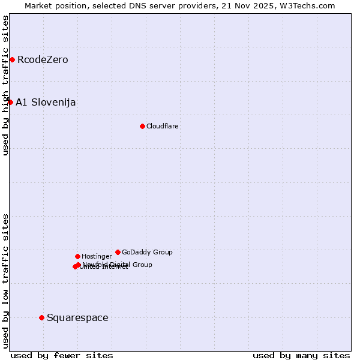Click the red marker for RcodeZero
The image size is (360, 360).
pos(12,59)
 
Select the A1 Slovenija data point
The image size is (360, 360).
pos(10,102)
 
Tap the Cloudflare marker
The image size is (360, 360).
pos(142,126)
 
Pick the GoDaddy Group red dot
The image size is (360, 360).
pos(118,252)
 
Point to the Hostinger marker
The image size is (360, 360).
pos(77,256)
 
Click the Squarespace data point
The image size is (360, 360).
pos(41,317)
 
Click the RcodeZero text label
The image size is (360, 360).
pos(43,59)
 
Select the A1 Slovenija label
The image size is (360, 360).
pos(46,102)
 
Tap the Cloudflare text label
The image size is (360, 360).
pos(163,126)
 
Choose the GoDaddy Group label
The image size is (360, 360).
pos(147,252)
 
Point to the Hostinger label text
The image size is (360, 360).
pos(97,256)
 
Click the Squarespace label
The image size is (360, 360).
pos(77,317)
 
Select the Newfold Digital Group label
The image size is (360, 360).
pos(118,265)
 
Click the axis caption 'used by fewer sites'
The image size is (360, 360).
pos(62,355)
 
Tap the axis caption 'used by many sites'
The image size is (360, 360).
pos(301,355)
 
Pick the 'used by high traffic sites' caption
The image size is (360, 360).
pos(5,85)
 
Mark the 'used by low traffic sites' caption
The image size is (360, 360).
pos(5,280)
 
